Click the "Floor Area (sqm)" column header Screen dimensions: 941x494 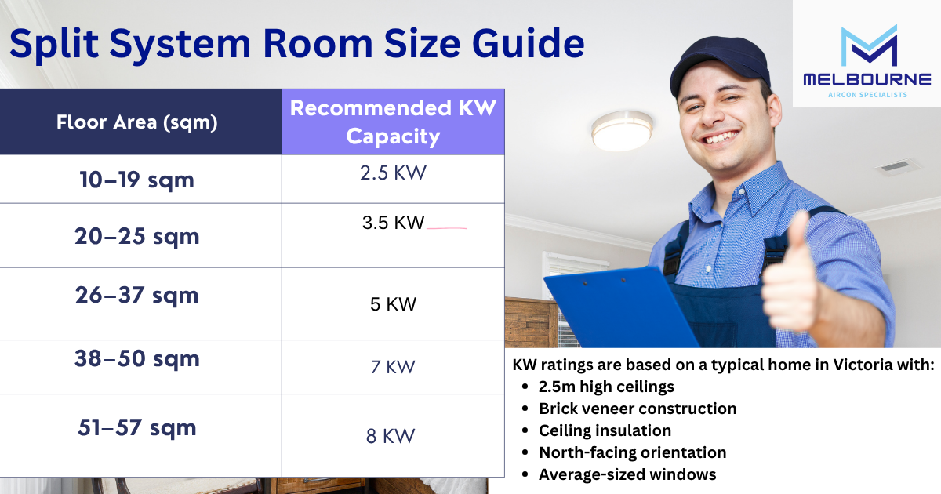coord(137,122)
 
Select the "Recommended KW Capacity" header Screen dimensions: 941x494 coord(393,122)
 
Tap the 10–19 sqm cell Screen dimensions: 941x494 coord(137,180)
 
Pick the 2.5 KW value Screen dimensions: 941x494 coord(393,173)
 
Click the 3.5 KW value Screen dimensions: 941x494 coord(393,223)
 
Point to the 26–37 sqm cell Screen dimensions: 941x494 coord(137,295)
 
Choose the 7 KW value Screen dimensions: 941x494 coord(393,367)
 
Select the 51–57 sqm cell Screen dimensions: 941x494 coord(137,427)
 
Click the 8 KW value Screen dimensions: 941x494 coord(391,436)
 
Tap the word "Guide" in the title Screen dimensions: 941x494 coord(529,44)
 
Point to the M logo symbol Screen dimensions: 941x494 coord(869,45)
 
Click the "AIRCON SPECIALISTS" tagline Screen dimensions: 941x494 coord(867,95)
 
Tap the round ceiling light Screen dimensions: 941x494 coord(622,131)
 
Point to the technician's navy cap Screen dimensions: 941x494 coord(719,63)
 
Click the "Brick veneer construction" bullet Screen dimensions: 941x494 coord(638,409)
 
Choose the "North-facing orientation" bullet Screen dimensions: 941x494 coord(633,453)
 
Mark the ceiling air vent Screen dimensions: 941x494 coord(897,167)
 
